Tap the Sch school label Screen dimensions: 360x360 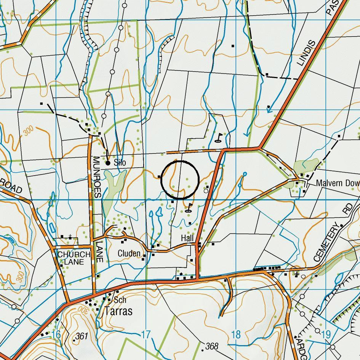click(x=120, y=300)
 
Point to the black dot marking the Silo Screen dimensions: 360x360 click(x=108, y=163)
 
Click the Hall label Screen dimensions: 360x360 click(x=187, y=238)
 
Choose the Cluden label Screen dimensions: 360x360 click(x=129, y=254)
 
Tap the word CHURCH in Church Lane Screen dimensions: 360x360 click(x=74, y=254)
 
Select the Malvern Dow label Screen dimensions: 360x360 click(x=338, y=183)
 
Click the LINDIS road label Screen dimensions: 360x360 click(x=307, y=53)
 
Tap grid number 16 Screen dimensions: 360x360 click(x=56, y=335)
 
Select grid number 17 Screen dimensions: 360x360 click(x=146, y=335)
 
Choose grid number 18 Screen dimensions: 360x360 click(x=236, y=335)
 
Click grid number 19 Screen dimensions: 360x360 click(x=326, y=335)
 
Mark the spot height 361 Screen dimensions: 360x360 click(x=82, y=336)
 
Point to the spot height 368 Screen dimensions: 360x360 click(x=211, y=346)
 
